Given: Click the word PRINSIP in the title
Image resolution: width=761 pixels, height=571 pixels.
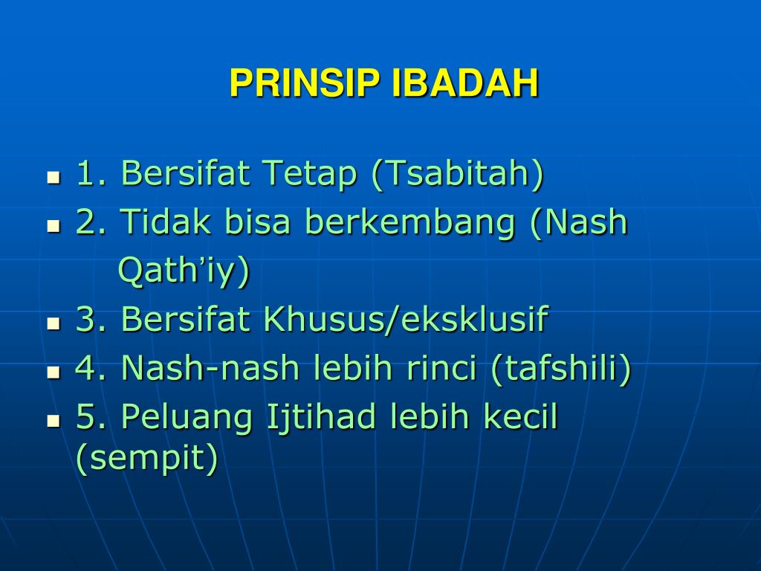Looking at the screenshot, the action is click(x=304, y=83).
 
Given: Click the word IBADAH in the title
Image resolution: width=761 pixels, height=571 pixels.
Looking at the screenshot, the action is click(x=465, y=83).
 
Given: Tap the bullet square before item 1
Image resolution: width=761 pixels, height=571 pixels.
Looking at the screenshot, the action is click(x=54, y=177).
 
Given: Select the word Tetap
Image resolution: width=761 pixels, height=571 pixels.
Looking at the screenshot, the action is click(x=310, y=173).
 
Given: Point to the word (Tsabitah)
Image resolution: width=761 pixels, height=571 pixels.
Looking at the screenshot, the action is click(x=457, y=173).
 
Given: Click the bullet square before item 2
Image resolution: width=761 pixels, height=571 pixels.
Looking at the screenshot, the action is click(x=54, y=226).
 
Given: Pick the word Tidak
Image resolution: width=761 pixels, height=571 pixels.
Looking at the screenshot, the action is click(x=166, y=222).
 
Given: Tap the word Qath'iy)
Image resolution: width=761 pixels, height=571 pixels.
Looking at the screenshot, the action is click(x=184, y=271).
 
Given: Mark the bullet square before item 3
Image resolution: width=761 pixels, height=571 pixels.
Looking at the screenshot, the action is click(x=54, y=323).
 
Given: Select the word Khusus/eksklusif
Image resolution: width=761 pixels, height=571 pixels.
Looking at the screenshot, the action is click(x=406, y=319).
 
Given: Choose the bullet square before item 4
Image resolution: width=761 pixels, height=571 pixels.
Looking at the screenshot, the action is click(x=54, y=372).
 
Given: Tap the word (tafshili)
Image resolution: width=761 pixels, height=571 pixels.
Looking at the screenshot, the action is click(x=561, y=369).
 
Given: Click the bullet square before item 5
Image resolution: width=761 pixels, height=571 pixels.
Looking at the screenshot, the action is click(x=54, y=421).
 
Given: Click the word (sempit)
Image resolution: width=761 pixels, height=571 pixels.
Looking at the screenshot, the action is click(x=147, y=459).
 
